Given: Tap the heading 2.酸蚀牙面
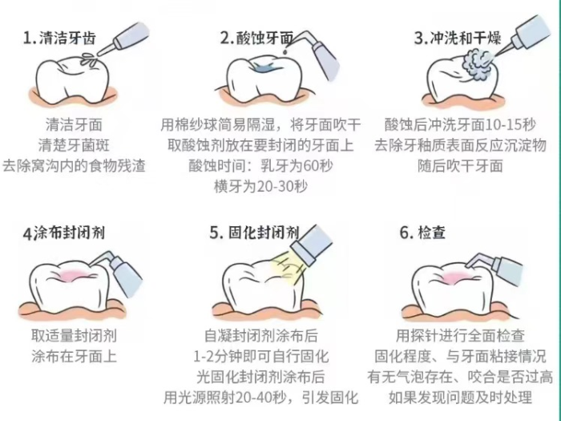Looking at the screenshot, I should [x=257, y=38].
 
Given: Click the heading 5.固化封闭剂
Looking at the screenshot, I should [x=255, y=233].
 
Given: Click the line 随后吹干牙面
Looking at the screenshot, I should [x=460, y=166].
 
